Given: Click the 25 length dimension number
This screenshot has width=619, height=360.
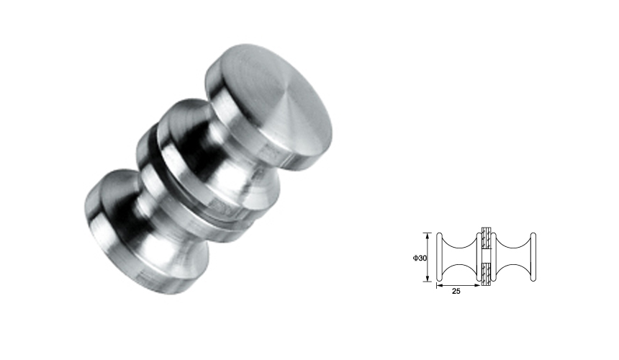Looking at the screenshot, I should (x=455, y=292).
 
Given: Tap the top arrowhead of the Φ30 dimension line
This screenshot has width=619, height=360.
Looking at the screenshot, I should (x=430, y=235).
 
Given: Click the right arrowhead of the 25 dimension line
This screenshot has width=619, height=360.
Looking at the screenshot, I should (x=479, y=287).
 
